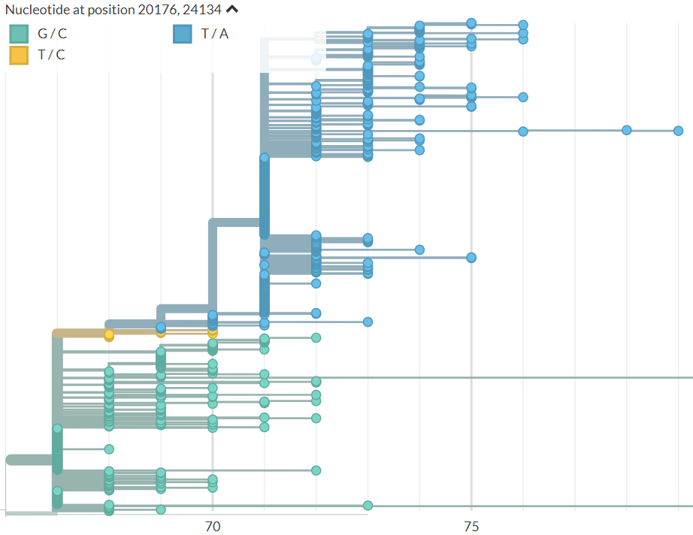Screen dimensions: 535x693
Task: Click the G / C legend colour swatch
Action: coord(19,34)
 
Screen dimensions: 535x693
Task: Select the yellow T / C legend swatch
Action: coord(19,55)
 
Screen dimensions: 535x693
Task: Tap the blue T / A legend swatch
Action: coord(182,34)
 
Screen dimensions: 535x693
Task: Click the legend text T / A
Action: coord(214,34)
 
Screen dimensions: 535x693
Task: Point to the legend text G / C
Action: coord(52,34)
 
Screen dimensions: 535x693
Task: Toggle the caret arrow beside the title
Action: coord(232,10)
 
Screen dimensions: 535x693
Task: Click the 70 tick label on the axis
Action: coord(213,526)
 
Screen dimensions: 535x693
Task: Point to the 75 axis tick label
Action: coord(471,526)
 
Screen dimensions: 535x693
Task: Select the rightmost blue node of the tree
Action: coord(678,131)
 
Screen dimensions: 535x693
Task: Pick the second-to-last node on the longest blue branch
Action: coord(626,130)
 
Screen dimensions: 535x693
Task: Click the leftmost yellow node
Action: coord(109,334)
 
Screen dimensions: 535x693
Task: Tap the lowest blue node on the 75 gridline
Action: coord(471,258)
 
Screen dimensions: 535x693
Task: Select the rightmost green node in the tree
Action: coord(368,505)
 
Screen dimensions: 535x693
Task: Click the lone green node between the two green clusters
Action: coord(109,449)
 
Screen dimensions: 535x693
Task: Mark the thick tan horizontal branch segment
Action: coord(79,333)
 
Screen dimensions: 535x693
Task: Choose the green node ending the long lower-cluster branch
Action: coord(316,470)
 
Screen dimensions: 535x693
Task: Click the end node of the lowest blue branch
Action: coord(368,322)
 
